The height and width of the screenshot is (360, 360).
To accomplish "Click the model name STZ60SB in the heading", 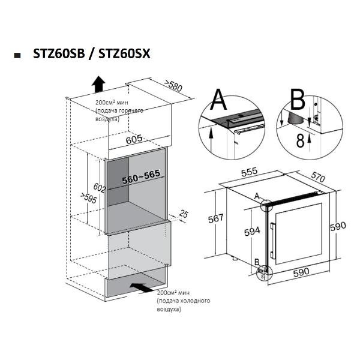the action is pos(59,54).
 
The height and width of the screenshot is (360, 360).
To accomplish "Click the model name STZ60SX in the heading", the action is pos(124,54).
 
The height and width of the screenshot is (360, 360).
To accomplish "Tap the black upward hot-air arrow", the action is pos(98,84).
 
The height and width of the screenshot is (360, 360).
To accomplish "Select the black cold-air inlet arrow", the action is pos(142,287).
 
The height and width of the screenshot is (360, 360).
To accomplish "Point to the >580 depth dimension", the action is pos(173,86).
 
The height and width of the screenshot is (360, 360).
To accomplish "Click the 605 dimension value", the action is pos(134,139).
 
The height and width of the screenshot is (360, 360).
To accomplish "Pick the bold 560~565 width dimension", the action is pos(141,177).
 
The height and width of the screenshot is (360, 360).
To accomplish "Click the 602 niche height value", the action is pos(100,188).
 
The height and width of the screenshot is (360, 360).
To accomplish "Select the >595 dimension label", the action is pos(89,198).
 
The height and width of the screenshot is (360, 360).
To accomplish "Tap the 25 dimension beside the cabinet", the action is pos(184,214).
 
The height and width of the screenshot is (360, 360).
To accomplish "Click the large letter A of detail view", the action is pos(219,100).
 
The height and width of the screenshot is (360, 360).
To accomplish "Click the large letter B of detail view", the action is pos(298,100).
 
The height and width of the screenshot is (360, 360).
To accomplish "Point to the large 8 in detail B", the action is pos(301,140).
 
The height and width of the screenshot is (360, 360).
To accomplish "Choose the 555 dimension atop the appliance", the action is pos(250,172).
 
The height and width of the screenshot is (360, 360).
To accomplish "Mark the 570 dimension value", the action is pos(318,177).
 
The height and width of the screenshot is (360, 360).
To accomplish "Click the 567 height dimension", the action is pos(216,218).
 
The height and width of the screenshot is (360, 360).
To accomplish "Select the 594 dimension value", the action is pos(252,232).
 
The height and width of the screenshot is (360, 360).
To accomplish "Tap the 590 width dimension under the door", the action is pos(301,272).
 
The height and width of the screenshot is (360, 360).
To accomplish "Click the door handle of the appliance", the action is pos(272,241).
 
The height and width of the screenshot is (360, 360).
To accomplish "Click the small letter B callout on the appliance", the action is pos(257,262).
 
